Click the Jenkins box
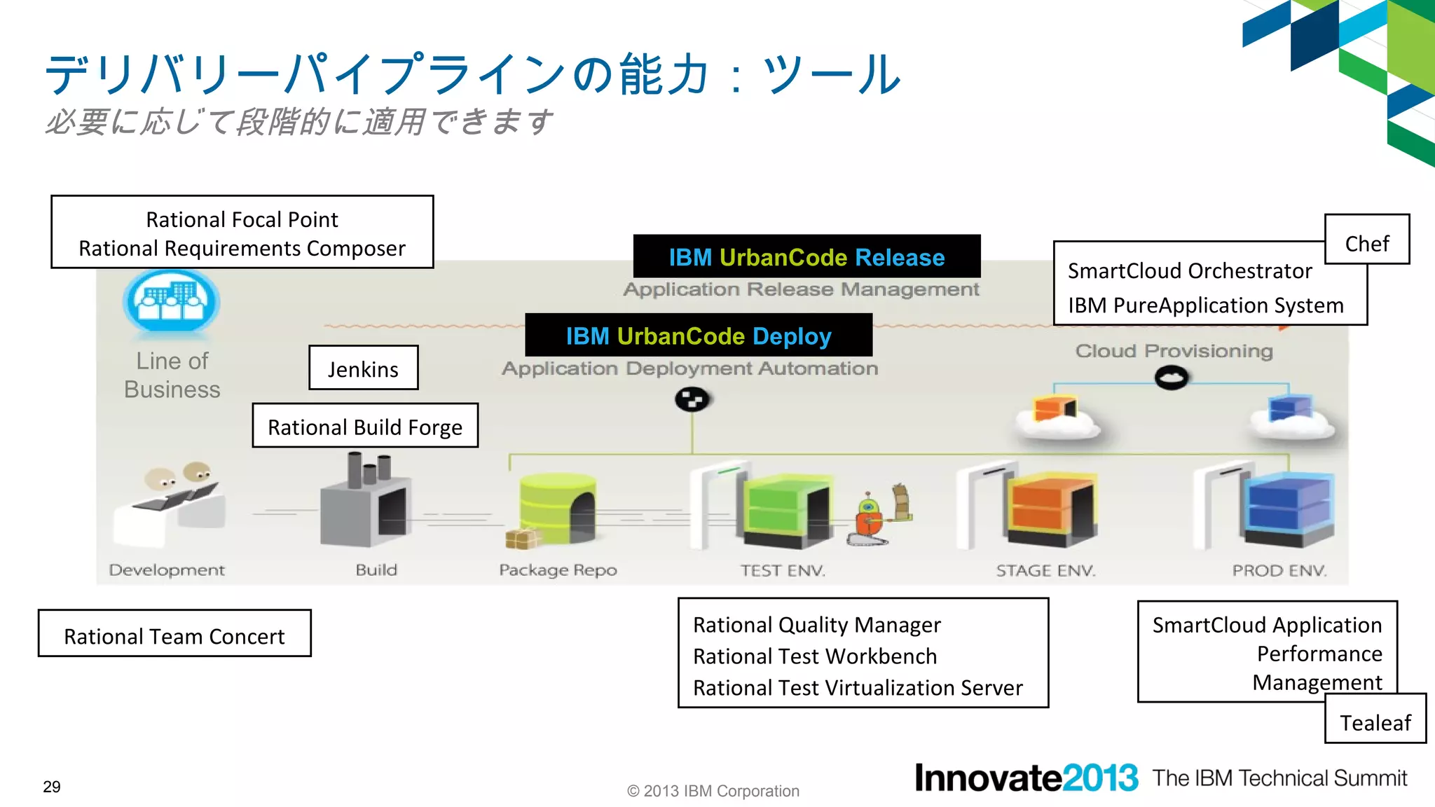(363, 368)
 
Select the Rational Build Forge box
(365, 426)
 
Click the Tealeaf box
(1375, 719)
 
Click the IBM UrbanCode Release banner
(806, 256)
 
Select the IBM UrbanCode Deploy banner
(699, 336)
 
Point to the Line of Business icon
(172, 301)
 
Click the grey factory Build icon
(365, 504)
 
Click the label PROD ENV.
(1279, 570)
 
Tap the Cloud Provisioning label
(1174, 350)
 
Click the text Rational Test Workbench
(815, 656)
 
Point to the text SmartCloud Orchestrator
(1190, 271)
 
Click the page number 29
(52, 787)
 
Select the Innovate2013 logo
(1026, 778)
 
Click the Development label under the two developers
(167, 570)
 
